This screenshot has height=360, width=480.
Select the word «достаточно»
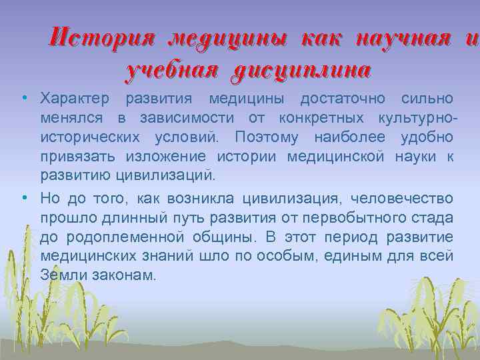343,99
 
